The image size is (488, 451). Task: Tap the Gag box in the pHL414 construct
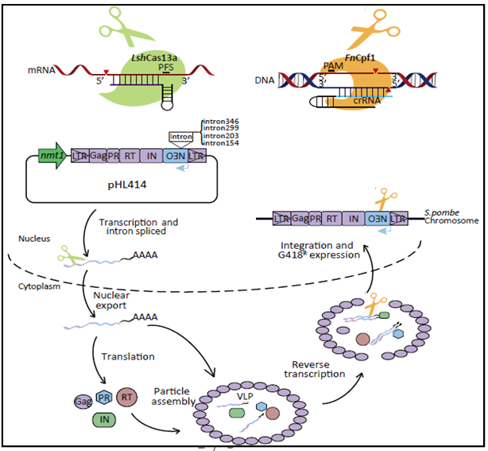(98, 156)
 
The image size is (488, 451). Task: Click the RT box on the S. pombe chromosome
(328, 217)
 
